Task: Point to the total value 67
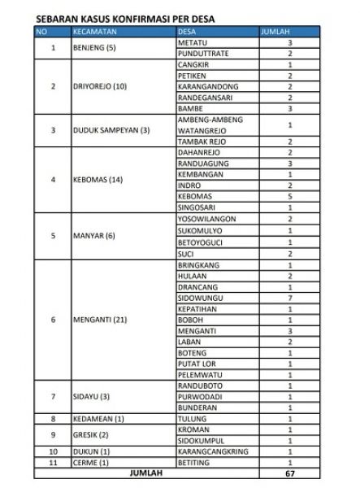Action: (x=290, y=473)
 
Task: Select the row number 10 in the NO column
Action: (x=53, y=451)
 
